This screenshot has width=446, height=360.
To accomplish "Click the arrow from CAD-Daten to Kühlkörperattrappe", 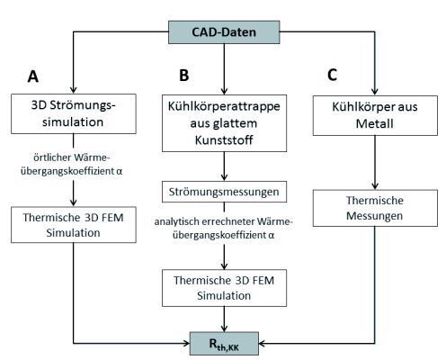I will (222, 69).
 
